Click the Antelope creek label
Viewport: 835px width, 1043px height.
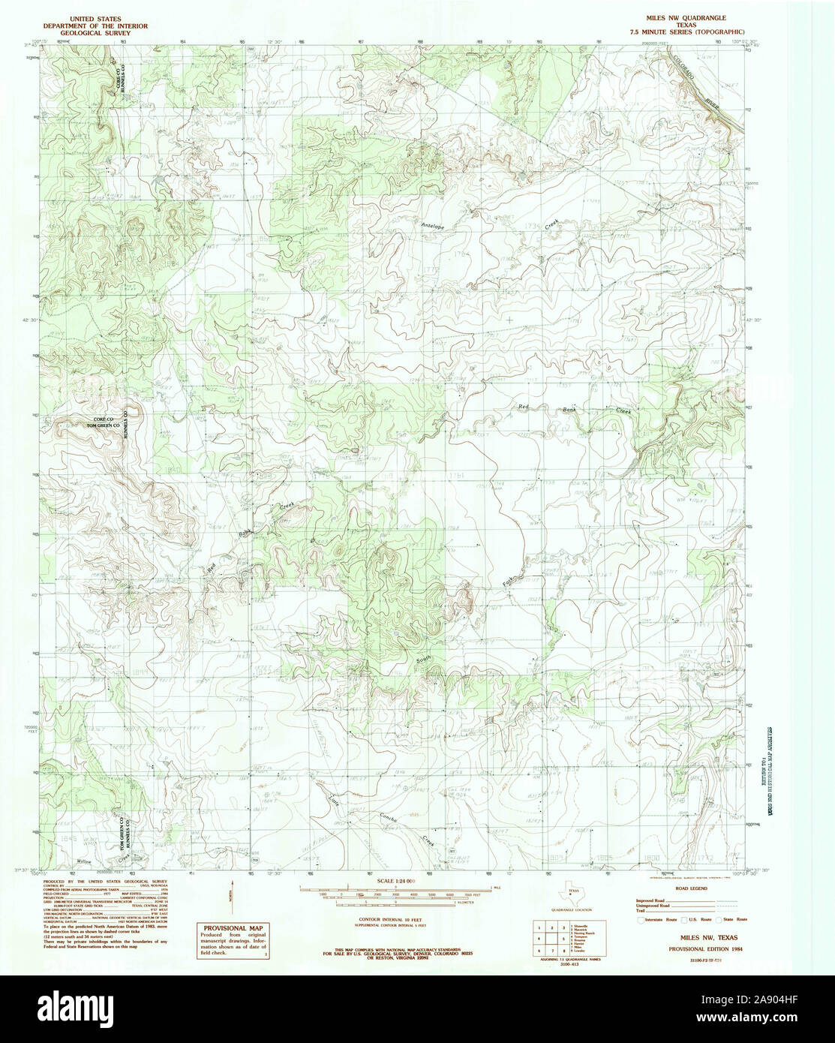433,226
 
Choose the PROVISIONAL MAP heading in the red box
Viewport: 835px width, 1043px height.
234,928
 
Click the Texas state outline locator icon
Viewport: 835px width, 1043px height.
573,894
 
